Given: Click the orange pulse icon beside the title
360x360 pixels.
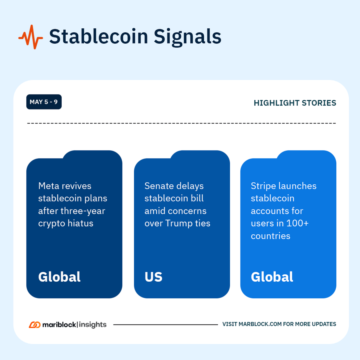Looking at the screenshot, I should [x=30, y=37].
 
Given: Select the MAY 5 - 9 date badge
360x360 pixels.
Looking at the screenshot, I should [x=44, y=102].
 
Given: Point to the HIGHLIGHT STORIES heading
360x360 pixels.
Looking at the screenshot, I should [x=295, y=103].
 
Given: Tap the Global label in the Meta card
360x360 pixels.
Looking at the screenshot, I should [x=59, y=277].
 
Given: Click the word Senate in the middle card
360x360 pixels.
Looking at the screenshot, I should [x=159, y=186].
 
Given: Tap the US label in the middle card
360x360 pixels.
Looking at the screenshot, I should [x=153, y=277].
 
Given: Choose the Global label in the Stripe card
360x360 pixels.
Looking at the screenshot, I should [x=272, y=277].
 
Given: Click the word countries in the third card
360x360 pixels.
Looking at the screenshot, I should [x=270, y=236].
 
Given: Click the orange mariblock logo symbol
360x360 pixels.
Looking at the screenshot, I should [x=34, y=324].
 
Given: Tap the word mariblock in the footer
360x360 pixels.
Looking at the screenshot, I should [x=58, y=324].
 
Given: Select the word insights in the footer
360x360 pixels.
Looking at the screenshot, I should [x=92, y=324].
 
